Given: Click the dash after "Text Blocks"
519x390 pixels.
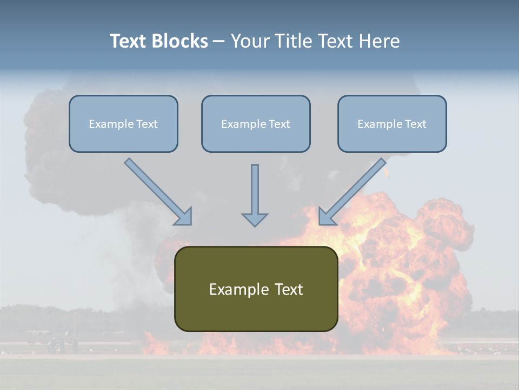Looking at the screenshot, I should point(219,42).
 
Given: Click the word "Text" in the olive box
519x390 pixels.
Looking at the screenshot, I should point(289,289).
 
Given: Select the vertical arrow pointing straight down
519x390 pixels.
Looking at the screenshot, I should point(255,195).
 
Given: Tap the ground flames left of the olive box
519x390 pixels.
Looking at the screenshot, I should point(157,343).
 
